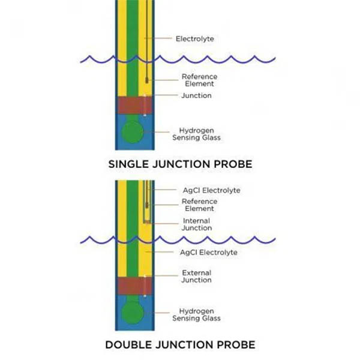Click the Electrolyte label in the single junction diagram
(x=194, y=39)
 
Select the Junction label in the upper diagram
(x=196, y=95)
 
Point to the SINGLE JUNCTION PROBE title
(x=180, y=163)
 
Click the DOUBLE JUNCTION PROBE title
(x=180, y=344)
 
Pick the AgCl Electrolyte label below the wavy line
(x=209, y=253)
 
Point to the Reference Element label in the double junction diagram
(x=198, y=205)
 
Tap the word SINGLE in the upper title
(x=127, y=163)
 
